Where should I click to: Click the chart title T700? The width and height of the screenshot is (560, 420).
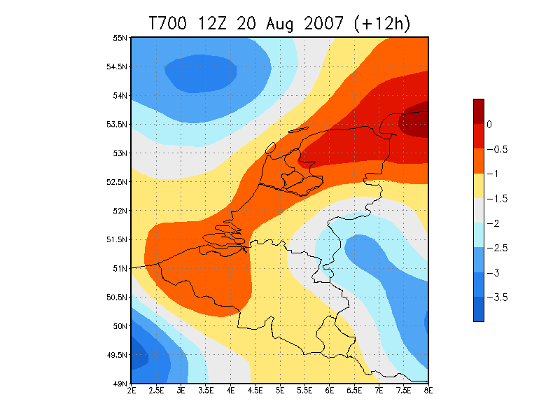167,24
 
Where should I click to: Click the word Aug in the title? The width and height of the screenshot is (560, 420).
279,24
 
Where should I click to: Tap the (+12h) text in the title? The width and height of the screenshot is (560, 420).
381,24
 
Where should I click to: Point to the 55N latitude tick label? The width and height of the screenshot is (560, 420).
120,38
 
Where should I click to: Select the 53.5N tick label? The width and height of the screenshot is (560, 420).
117,125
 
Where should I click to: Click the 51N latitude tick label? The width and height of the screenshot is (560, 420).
120,269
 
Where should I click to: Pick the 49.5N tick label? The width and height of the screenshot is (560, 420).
117,355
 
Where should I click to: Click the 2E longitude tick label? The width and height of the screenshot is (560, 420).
132,391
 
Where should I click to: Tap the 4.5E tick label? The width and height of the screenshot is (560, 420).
255,391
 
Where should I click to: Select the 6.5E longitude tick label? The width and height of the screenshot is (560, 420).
354,391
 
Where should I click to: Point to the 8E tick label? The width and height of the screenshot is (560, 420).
428,391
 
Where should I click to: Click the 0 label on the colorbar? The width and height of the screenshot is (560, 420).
489,125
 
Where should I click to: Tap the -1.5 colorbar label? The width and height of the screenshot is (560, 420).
497,199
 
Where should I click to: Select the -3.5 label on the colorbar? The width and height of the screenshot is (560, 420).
497,297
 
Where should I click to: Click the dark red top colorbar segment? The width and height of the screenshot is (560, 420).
479,112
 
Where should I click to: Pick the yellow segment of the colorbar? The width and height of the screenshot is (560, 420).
479,186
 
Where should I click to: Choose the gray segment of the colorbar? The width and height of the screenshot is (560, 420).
479,211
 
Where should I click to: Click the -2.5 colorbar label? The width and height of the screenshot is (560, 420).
497,248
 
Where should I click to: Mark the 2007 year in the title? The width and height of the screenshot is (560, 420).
324,24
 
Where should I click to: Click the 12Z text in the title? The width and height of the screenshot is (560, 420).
212,24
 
